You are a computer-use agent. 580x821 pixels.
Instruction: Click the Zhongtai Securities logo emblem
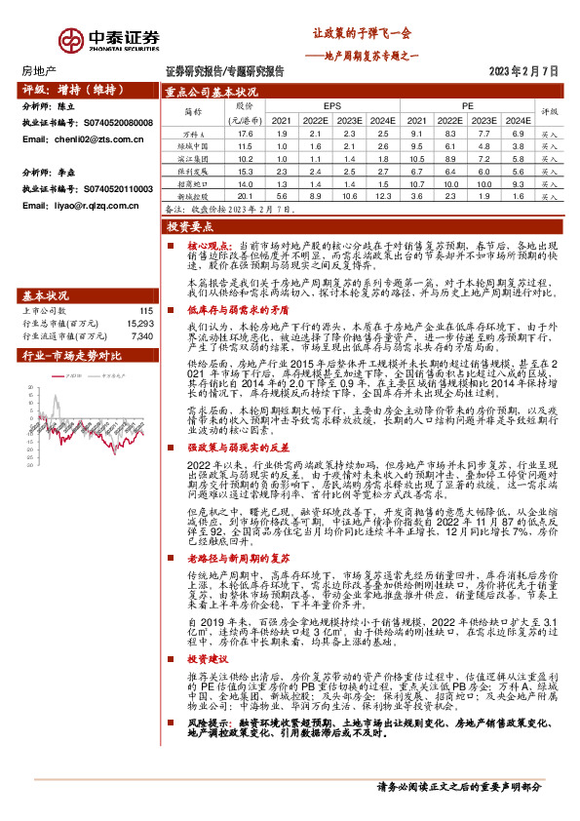click(70, 39)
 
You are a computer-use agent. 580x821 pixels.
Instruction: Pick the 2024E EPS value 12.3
click(383, 196)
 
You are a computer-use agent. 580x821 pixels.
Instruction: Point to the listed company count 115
click(147, 309)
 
